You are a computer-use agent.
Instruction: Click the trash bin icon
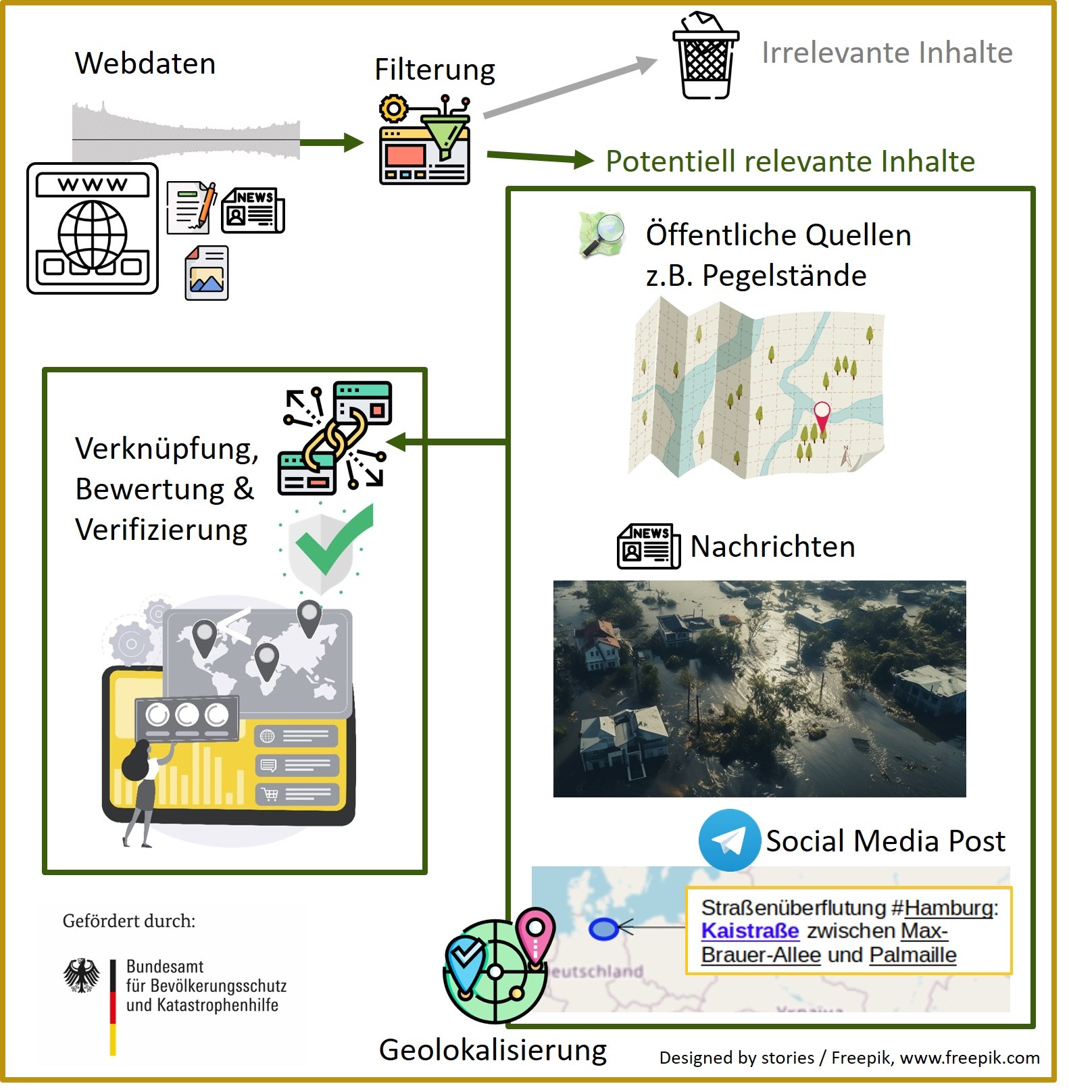coord(705,57)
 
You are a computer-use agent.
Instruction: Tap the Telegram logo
coord(728,840)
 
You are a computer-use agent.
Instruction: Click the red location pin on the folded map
coord(822,414)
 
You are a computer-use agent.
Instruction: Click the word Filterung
coord(434,69)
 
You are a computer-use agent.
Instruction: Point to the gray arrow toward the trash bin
coord(570,88)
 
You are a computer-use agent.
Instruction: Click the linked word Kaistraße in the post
coord(750,931)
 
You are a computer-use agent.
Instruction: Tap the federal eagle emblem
coord(82,975)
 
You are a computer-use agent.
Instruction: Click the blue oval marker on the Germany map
coord(603,930)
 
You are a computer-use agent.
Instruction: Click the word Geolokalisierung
coord(493,1049)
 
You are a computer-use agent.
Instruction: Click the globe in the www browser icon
coord(93,237)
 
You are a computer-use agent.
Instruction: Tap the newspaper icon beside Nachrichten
coord(648,546)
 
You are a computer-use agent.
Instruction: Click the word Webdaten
coord(145,64)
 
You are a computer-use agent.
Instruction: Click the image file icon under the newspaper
coord(207,274)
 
